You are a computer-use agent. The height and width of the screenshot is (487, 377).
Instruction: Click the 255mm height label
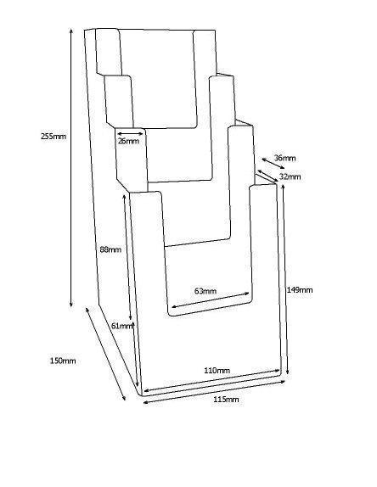pos(53,136)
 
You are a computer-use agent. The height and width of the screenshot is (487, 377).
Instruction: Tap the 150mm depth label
pos(63,361)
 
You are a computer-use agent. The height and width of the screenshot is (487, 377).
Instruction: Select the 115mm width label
pos(226,400)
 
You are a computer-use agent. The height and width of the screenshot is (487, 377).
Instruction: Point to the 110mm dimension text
pos(217,370)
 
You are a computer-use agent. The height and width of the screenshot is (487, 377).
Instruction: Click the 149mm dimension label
pos(300,290)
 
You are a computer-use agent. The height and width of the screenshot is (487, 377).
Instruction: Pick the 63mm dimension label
pos(205,291)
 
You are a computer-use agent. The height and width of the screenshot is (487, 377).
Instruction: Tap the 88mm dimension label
pos(110,249)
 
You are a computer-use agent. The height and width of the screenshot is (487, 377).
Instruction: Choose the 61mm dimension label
pos(121,326)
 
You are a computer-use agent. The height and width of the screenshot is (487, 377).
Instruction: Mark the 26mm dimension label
pos(128,141)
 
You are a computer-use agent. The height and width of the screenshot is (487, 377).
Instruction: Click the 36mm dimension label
pos(284,158)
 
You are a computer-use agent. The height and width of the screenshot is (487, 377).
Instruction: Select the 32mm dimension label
pos(290,176)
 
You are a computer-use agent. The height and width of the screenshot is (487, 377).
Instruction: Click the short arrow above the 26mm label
pos(130,134)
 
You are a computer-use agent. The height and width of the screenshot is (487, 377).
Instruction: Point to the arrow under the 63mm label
pos(211,300)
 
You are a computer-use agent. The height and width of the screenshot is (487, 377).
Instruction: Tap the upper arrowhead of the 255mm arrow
pos(71,31)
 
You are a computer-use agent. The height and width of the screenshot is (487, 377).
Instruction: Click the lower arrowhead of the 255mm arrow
pos(71,305)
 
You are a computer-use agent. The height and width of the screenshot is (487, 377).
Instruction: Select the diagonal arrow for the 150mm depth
pos(105,354)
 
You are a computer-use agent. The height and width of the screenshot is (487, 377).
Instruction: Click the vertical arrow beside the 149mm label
pos(285,279)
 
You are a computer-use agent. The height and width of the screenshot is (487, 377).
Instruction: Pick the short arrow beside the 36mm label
pos(273,164)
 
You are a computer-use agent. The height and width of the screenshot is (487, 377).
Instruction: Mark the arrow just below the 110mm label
pos(211,380)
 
